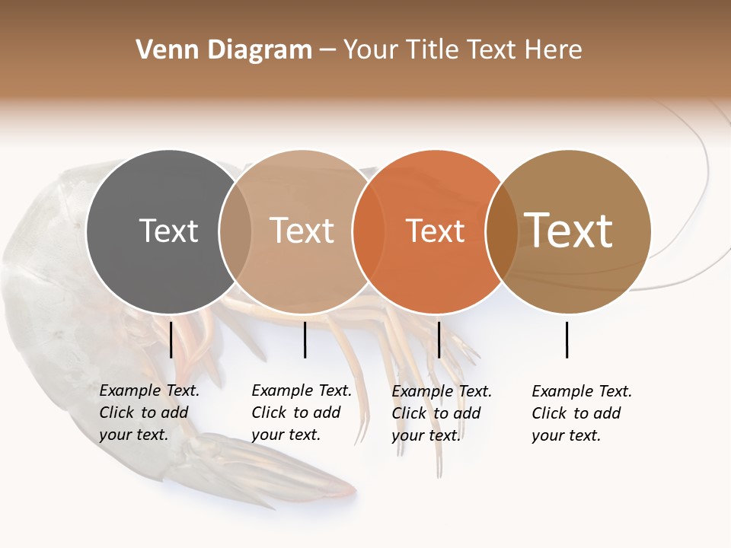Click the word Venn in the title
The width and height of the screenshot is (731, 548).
coord(158,50)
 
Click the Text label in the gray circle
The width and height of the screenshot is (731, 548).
coord(168,231)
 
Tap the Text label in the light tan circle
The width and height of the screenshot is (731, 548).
coord(302,231)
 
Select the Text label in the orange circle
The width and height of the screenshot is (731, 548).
coord(435,231)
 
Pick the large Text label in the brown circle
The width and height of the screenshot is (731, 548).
coord(569,231)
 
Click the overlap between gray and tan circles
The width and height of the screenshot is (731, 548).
coord(235,231)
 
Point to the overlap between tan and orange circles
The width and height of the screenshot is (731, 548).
coord(368,231)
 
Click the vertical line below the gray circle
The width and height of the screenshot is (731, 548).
coord(171,339)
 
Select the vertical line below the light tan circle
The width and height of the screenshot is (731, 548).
coord(305,339)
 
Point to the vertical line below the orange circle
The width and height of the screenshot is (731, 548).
coord(439,339)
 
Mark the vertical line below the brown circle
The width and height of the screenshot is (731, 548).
coord(567,339)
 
